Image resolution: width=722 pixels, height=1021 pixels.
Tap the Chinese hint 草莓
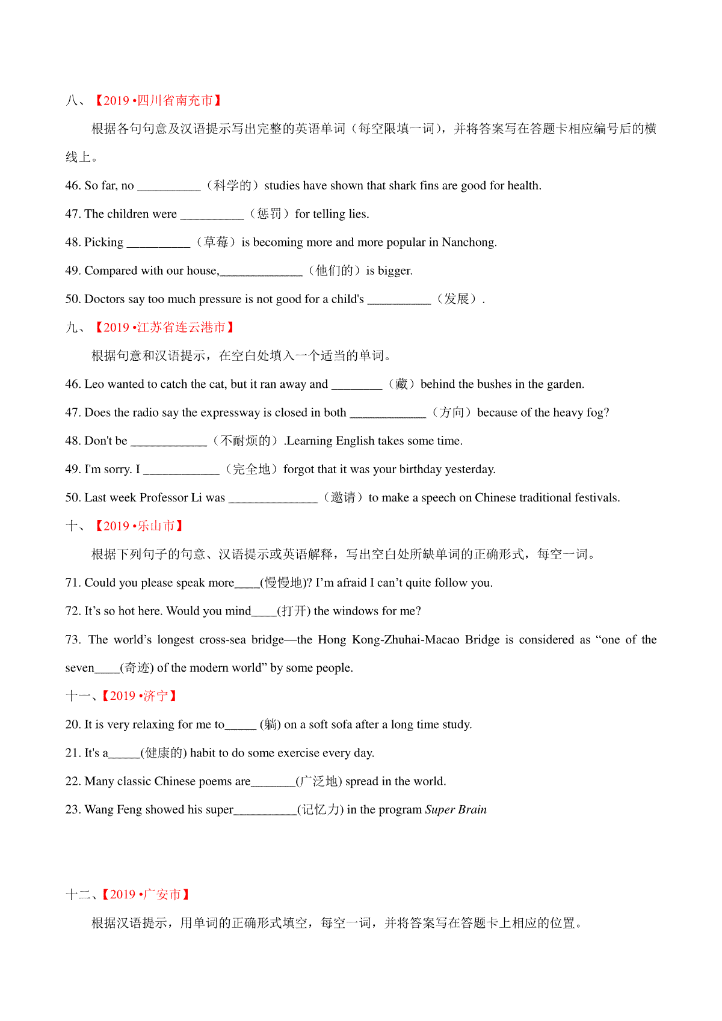click(215, 242)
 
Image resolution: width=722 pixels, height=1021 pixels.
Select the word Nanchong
click(469, 242)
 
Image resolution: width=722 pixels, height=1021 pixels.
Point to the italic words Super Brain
click(455, 809)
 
